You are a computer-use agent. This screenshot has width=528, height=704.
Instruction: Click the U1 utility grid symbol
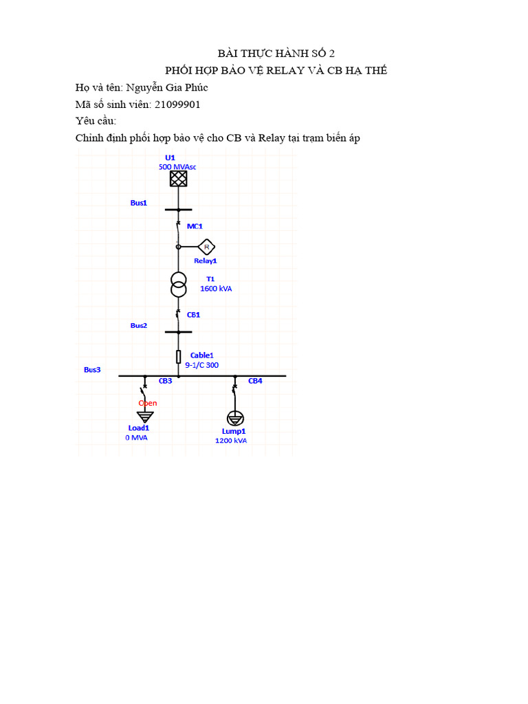(x=179, y=179)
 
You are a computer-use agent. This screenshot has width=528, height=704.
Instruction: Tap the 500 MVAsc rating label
(x=181, y=166)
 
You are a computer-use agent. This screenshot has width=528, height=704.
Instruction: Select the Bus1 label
(x=139, y=203)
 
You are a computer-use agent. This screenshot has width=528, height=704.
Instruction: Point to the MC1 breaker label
(x=195, y=225)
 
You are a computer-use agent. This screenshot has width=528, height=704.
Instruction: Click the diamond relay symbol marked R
(x=206, y=246)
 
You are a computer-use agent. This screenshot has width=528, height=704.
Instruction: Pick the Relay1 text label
(x=205, y=261)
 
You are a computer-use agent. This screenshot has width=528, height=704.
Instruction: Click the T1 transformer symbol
(x=179, y=285)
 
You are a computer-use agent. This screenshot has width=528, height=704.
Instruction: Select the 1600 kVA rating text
(x=216, y=289)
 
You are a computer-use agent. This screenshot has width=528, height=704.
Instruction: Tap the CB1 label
(x=194, y=314)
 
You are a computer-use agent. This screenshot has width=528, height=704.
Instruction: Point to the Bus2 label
(x=139, y=325)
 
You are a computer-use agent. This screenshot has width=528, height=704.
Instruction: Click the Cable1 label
(x=202, y=355)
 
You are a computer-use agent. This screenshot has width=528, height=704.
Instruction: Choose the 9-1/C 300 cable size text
(x=202, y=365)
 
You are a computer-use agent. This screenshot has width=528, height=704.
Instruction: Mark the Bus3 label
(x=92, y=369)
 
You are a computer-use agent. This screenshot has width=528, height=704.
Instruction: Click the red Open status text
(x=148, y=403)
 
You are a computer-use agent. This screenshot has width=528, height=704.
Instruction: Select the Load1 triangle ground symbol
(x=144, y=416)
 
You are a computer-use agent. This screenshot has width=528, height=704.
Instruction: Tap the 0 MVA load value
(x=135, y=437)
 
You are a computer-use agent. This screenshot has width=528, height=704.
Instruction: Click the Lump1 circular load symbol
(x=234, y=418)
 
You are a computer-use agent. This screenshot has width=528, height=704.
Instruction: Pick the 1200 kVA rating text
(x=231, y=440)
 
